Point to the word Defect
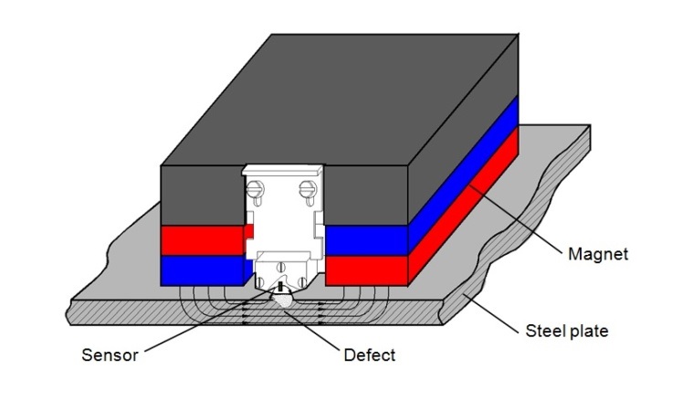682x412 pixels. [x=369, y=354]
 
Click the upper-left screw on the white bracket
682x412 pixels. [x=257, y=191]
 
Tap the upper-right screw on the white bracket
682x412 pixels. [x=308, y=191]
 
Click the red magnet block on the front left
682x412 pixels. [x=203, y=240]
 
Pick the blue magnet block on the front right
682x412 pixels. [x=365, y=240]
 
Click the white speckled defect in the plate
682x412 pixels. [x=281, y=299]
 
